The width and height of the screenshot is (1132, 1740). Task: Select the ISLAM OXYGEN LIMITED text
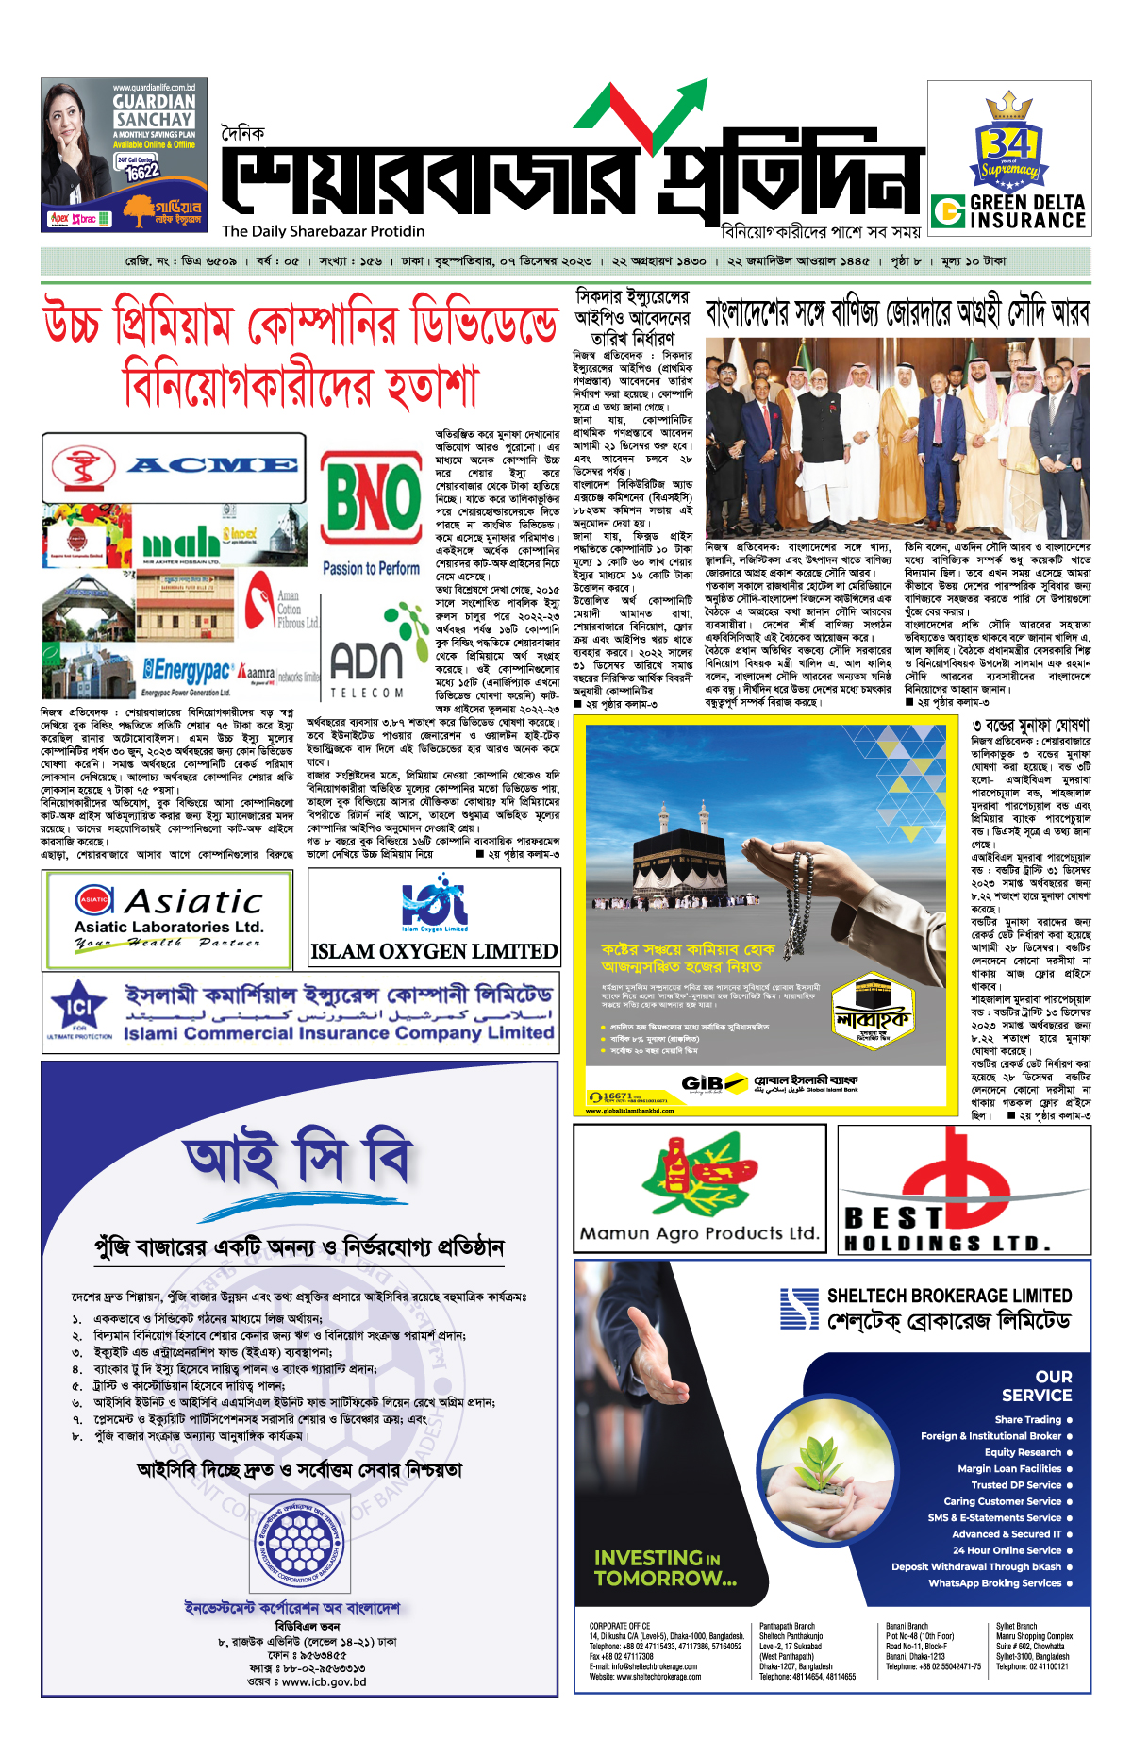(434, 951)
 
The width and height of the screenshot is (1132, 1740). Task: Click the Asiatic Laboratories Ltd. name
(169, 927)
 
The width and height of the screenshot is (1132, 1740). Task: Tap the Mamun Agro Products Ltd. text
(699, 1232)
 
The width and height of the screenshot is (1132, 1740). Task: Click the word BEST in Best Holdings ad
(893, 1217)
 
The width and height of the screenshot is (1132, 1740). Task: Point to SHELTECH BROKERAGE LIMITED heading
(949, 1296)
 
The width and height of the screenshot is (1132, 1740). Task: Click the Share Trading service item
(1027, 1419)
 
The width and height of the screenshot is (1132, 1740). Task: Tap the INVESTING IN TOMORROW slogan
(664, 1567)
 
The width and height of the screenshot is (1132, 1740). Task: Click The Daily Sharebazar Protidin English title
(324, 231)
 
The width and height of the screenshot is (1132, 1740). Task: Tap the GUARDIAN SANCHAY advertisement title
(154, 110)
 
